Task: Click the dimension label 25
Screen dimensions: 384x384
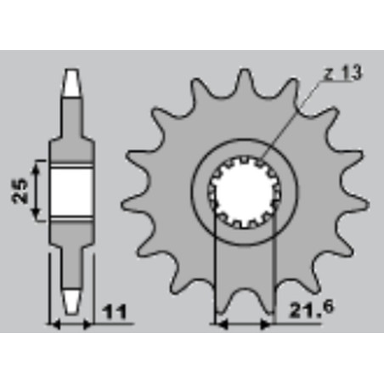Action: coord(20,190)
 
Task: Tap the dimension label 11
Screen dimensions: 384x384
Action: coord(115,313)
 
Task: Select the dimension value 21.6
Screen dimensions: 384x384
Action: coord(312,309)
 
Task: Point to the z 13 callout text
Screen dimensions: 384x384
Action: coord(343,73)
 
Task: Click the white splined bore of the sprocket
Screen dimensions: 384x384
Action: coord(245,192)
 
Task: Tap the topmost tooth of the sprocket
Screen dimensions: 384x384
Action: coord(245,82)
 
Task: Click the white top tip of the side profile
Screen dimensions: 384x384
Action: coord(71,82)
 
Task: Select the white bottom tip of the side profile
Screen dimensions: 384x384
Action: coord(71,302)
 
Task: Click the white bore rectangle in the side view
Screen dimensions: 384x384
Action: coord(71,193)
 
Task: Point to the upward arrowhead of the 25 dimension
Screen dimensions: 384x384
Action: coord(36,168)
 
